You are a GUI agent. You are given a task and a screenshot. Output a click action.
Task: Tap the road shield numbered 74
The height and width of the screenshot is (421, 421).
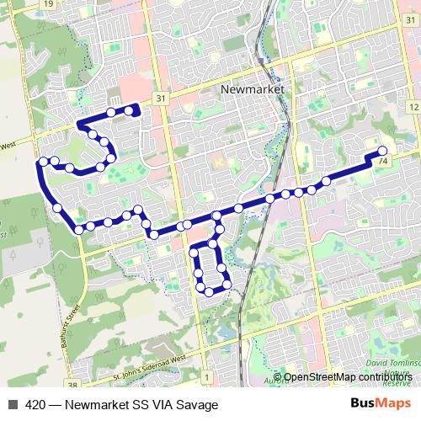click(383, 161)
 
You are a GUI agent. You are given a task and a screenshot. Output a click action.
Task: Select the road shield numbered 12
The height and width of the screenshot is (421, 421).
click(412, 106)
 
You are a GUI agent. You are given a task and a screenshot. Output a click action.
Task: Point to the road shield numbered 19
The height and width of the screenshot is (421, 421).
click(48, 4)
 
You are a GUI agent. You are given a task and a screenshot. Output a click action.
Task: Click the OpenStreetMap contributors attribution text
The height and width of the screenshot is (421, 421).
click(345, 376)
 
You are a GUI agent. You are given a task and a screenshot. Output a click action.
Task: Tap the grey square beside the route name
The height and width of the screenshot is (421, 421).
click(13, 404)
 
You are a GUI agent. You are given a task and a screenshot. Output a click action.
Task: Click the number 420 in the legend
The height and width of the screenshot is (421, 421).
click(36, 404)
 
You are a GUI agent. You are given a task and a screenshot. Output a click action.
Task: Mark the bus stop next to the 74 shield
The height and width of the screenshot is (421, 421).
click(382, 151)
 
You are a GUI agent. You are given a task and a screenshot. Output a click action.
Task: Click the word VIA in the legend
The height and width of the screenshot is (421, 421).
click(163, 404)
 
